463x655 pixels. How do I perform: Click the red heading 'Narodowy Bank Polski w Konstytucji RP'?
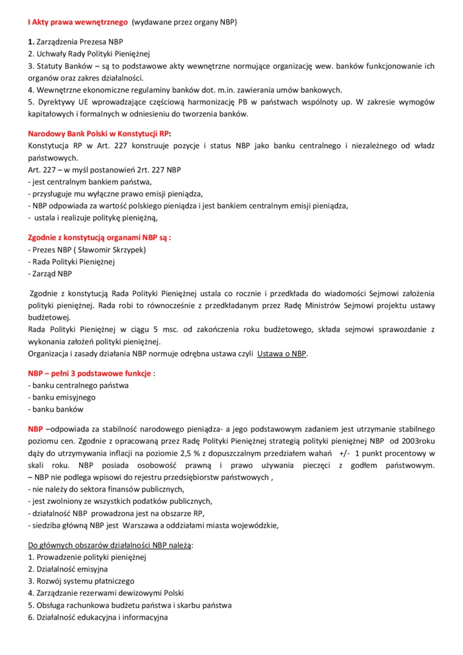99,133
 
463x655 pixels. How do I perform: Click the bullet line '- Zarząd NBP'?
50,274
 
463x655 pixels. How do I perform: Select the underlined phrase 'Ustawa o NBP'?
281,353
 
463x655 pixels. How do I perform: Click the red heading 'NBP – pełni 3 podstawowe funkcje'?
90,374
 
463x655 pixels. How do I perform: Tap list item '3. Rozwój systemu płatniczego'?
81,581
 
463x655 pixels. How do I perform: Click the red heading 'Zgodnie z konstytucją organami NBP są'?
99,238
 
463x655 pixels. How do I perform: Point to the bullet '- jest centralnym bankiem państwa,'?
90,182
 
